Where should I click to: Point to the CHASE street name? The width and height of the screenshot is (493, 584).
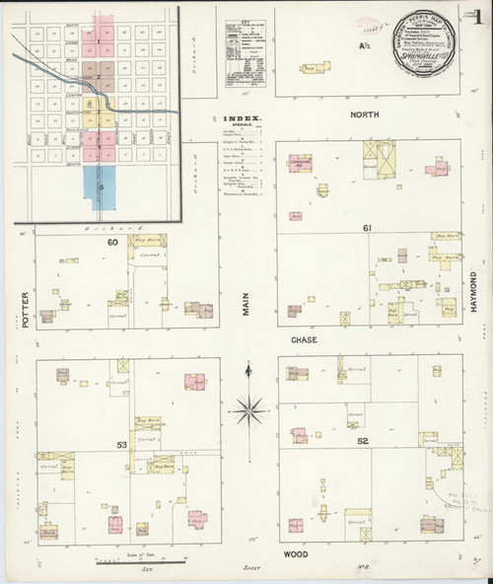tap(302, 338)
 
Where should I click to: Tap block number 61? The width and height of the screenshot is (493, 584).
tap(366, 228)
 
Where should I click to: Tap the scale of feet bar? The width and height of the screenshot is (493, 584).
tap(139, 562)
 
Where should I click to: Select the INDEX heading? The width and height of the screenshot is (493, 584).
tap(238, 116)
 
